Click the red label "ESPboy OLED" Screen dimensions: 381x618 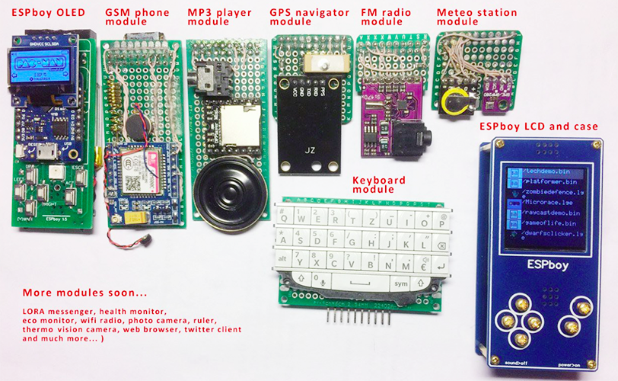(48, 13)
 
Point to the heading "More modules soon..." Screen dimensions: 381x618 (84, 293)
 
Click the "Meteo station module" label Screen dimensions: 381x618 (476, 17)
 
